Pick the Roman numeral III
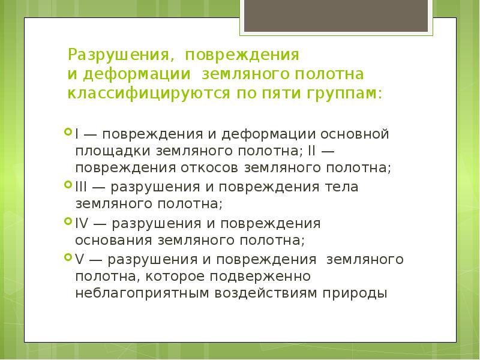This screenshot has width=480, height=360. point(81,187)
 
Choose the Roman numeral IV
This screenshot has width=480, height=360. point(82,223)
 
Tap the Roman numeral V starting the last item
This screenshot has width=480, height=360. point(80,259)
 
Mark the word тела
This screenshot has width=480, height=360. point(343,187)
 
